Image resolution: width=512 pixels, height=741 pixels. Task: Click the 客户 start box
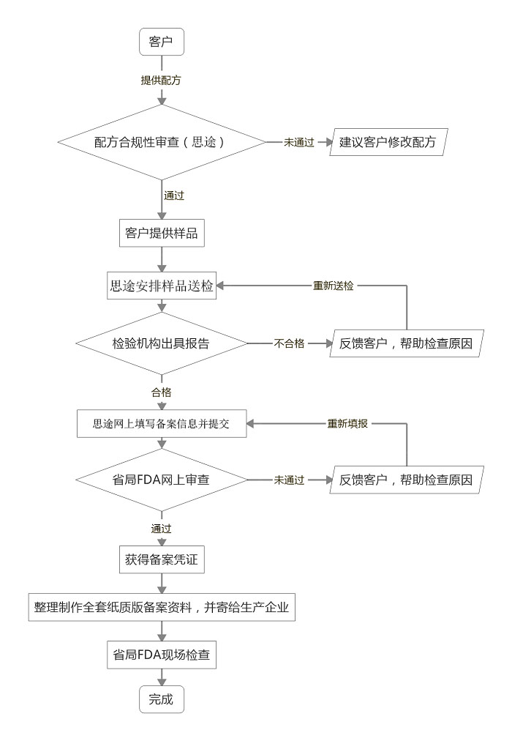[161, 40]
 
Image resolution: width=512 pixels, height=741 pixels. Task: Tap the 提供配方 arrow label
[161, 80]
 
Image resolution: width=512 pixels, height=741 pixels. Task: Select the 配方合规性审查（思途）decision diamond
[161, 142]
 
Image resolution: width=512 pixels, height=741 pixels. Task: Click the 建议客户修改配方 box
[388, 142]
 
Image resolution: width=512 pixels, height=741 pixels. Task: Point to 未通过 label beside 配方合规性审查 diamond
[299, 142]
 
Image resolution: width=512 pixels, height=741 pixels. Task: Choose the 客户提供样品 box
[161, 234]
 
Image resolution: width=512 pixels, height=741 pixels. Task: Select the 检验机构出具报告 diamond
[161, 343]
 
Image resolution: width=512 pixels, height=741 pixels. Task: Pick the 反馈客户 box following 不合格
[407, 343]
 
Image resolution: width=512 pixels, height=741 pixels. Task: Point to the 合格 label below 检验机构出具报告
[161, 392]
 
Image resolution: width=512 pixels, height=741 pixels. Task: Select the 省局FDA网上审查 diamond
[161, 480]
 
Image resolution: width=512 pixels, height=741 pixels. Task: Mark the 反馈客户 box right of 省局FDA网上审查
[407, 480]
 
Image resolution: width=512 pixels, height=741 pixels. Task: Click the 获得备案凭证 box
[161, 560]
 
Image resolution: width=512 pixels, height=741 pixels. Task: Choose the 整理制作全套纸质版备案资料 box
[161, 607]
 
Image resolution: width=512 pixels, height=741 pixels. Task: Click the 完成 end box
[161, 699]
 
